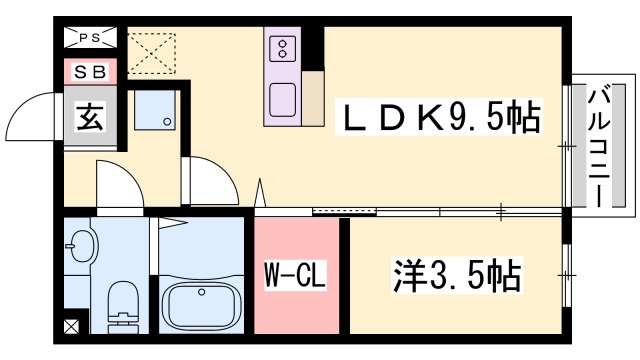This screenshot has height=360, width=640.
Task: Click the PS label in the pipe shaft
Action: [90, 38]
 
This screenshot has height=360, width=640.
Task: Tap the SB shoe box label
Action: [90, 72]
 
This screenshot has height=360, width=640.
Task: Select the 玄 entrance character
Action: [90, 116]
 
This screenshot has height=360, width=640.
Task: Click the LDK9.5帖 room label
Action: [439, 117]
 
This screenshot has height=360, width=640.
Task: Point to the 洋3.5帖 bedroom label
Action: [457, 274]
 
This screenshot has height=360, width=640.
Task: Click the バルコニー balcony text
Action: [598, 148]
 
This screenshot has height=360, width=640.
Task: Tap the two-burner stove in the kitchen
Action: [282, 48]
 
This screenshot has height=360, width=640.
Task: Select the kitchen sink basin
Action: [282, 100]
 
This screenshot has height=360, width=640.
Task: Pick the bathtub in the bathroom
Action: [200, 307]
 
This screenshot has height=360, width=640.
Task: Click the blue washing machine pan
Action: [155, 110]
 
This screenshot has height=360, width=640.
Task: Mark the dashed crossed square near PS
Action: [151, 53]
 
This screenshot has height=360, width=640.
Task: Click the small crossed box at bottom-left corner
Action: [72, 326]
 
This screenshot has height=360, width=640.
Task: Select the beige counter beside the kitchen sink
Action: [313, 98]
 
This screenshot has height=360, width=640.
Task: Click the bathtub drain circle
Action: [201, 292]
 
